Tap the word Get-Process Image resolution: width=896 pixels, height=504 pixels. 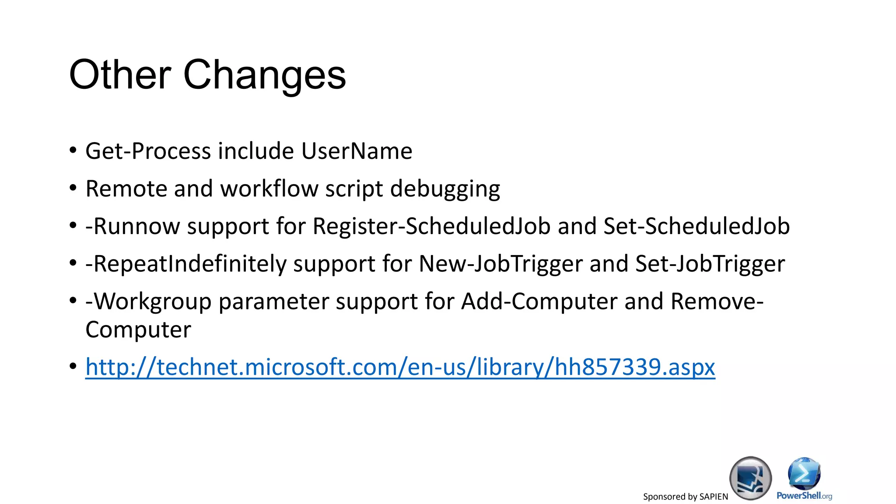tap(148, 151)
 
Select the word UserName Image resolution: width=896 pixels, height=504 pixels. tap(357, 151)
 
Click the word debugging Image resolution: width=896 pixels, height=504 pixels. tap(445, 189)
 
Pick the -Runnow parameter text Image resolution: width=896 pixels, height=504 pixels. tap(133, 226)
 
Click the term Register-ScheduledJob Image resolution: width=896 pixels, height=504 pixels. tap(431, 226)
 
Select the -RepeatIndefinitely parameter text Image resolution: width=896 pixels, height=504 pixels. tap(186, 264)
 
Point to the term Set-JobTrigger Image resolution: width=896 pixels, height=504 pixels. tap(710, 264)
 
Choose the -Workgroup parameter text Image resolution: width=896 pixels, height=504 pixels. tap(148, 301)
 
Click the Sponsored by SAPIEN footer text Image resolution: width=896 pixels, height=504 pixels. tap(685, 497)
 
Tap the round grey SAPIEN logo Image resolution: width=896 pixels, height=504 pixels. tap(750, 478)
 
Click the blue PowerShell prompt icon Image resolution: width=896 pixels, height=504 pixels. tap(804, 473)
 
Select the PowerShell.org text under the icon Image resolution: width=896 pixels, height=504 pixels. tap(804, 496)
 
